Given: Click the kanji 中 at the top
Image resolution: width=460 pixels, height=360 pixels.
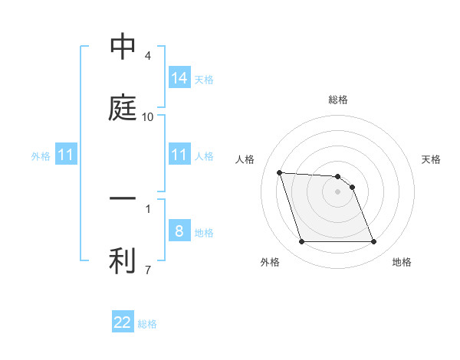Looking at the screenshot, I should pos(123,47).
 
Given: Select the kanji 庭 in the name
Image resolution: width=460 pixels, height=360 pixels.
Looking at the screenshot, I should pos(123,107).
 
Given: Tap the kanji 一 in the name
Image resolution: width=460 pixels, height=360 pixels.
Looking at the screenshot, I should pos(123,198).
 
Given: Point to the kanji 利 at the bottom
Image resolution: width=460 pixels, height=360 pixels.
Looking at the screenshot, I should pos(123,260).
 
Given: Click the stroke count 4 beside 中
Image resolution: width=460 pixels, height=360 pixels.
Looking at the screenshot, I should pos(148,56).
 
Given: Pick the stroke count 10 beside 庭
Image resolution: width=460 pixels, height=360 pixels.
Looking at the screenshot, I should pos(148,116).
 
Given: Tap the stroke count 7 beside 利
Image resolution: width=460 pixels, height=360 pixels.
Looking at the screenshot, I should pos(148,269).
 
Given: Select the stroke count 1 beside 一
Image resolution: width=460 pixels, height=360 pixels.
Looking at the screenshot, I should pos(148,208).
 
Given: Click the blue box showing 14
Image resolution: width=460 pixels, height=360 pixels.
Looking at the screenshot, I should pos(179,77).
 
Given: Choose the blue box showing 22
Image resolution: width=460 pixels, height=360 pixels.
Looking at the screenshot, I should pos(123,322).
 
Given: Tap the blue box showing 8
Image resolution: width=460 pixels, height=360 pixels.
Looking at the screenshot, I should pos(179,231).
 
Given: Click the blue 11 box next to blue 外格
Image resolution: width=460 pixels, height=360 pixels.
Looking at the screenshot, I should pos(66,155).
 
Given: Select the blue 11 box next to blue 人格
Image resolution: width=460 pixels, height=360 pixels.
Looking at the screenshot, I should pos(179,155).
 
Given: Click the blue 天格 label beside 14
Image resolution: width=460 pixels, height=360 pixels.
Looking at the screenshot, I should pos(204,79).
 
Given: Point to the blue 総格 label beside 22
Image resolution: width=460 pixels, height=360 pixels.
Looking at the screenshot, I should pos(147,324).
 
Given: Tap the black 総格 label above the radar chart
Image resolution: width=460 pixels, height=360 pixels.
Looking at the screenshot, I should pos(338,100).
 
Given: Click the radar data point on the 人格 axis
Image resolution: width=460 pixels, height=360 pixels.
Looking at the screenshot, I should pos(280,173).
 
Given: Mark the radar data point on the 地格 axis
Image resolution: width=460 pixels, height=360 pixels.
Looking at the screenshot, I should pos(373,242).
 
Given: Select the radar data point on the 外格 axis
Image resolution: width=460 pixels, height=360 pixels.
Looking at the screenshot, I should pos(301,242).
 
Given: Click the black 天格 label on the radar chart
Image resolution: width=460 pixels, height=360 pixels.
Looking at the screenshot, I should pos(432,159).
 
